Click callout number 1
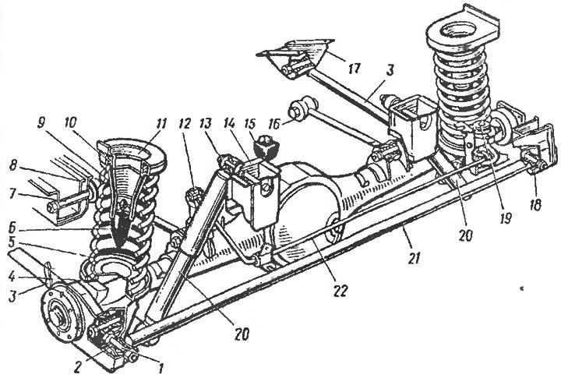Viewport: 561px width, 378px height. (x=161, y=367)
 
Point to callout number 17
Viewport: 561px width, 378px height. (x=355, y=68)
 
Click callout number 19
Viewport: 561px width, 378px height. (x=506, y=217)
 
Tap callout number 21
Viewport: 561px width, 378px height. (x=414, y=257)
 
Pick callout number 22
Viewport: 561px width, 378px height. (x=340, y=291)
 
